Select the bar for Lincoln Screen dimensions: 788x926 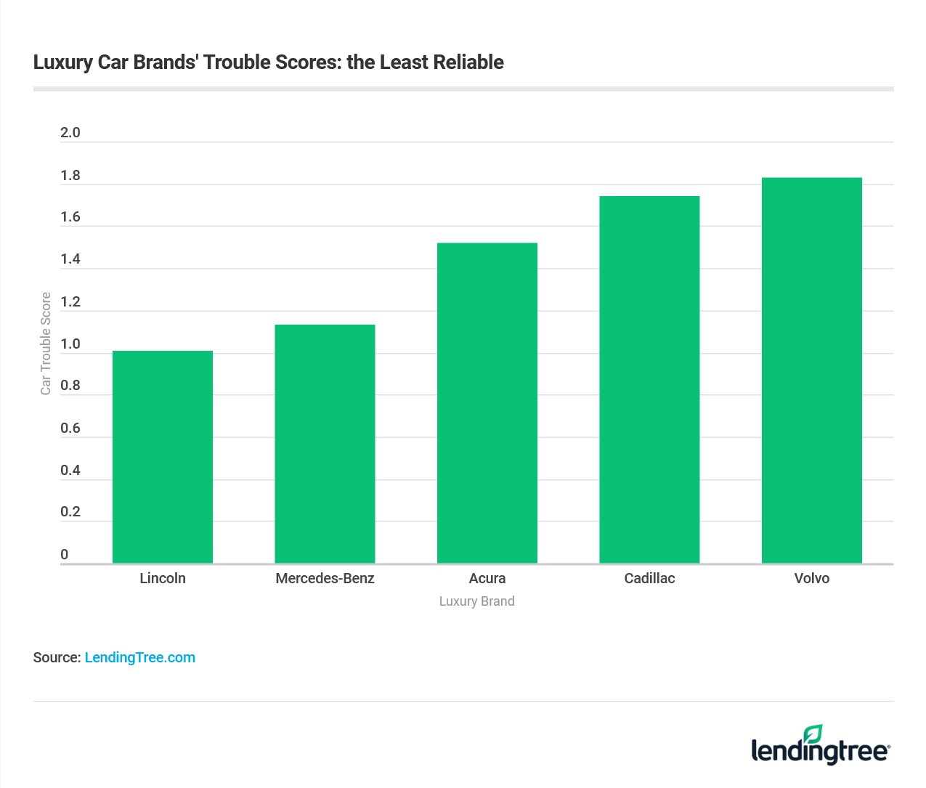point(163,457)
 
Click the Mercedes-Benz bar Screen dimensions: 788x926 point(325,444)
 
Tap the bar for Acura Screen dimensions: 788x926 point(487,403)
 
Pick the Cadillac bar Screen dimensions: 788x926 point(649,380)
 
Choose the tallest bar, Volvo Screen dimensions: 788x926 point(812,370)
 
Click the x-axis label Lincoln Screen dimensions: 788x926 point(163,579)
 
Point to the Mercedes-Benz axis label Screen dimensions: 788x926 point(325,579)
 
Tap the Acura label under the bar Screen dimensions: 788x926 point(487,579)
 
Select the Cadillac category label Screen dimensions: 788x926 point(649,579)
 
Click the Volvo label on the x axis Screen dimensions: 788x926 point(812,579)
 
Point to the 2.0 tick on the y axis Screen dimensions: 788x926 point(70,133)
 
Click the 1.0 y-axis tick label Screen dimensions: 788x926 point(70,344)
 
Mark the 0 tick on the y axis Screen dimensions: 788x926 point(65,555)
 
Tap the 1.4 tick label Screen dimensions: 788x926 point(70,259)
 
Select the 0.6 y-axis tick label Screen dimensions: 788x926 point(70,428)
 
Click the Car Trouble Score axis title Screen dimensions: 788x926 point(46,344)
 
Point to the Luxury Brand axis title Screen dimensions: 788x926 point(476,601)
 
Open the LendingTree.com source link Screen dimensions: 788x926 point(140,658)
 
